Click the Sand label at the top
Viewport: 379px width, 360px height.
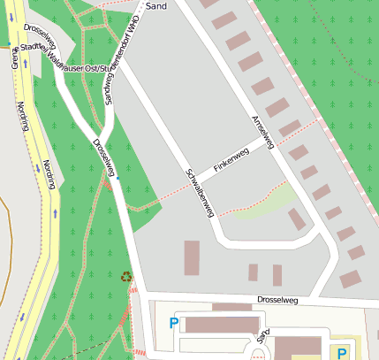[156, 6]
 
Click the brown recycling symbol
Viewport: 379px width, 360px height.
[125, 277]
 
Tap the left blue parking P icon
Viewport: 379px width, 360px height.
[173, 324]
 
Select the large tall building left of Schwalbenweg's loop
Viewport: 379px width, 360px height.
[192, 257]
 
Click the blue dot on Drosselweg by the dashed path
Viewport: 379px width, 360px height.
[117, 178]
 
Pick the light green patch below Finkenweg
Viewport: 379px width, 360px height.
[265, 203]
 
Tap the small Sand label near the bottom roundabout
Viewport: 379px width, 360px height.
[262, 336]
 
